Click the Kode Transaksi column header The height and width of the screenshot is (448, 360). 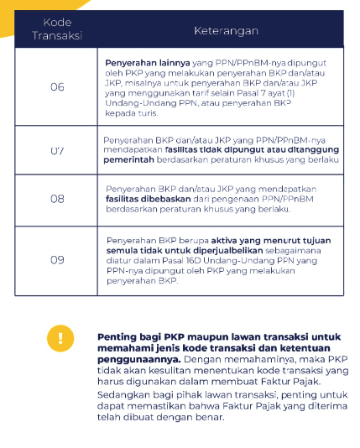point(52,29)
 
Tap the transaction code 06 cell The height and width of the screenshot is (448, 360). point(57,87)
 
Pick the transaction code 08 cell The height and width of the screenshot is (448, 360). point(57,199)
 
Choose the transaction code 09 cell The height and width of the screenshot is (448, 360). point(57,260)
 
